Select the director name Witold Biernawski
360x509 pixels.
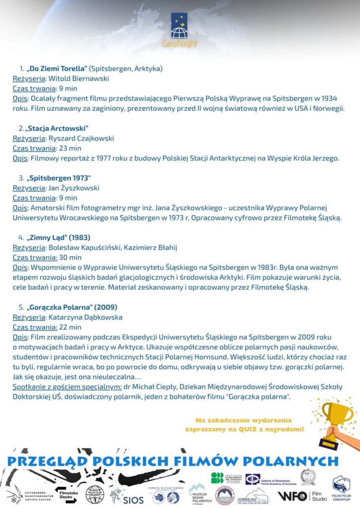(x=78, y=78)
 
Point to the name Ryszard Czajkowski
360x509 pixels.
(x=81, y=138)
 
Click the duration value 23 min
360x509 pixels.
(x=70, y=148)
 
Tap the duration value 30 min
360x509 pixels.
(x=70, y=257)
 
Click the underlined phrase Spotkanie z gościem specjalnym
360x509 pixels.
(x=67, y=387)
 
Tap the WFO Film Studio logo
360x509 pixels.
(x=303, y=496)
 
